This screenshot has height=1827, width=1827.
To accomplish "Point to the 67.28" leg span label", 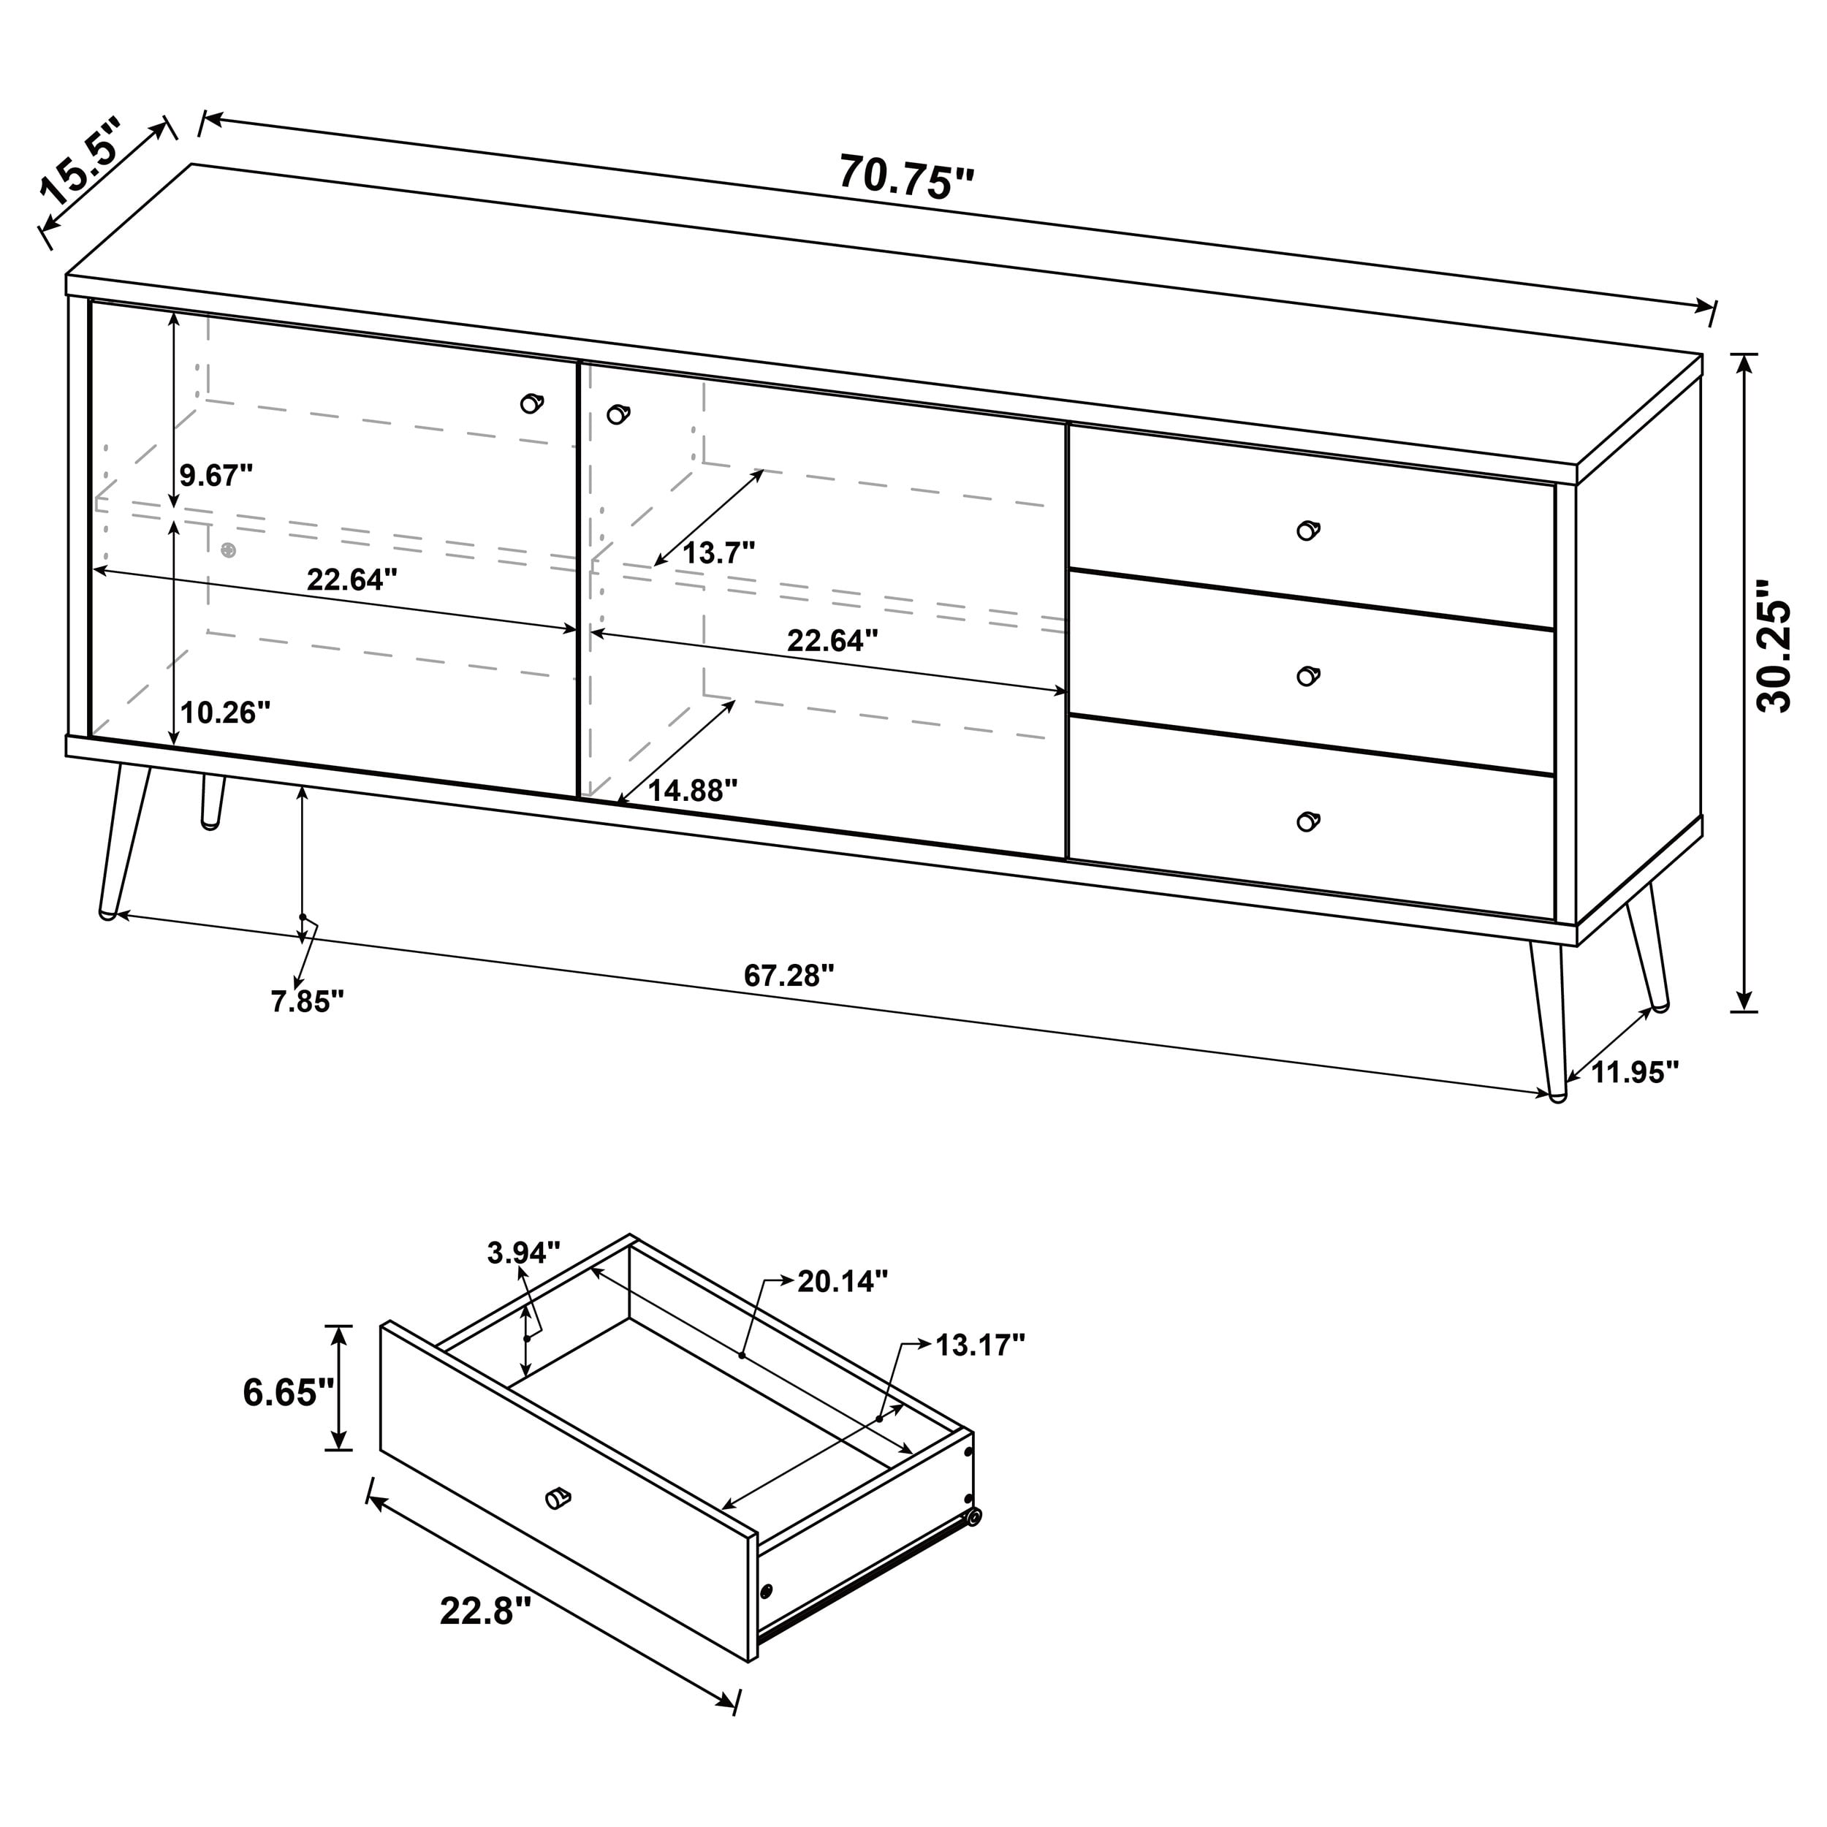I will [789, 975].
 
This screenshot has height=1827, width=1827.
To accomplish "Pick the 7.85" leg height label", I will [308, 1001].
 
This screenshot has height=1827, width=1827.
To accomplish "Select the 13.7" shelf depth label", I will [718, 552].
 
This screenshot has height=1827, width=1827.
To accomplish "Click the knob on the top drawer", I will [1308, 530].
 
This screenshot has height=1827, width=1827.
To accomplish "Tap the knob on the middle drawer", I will [1308, 675].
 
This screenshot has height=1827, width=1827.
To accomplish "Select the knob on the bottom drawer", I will [1308, 821].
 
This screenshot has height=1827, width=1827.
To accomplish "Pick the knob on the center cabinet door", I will [618, 414].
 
